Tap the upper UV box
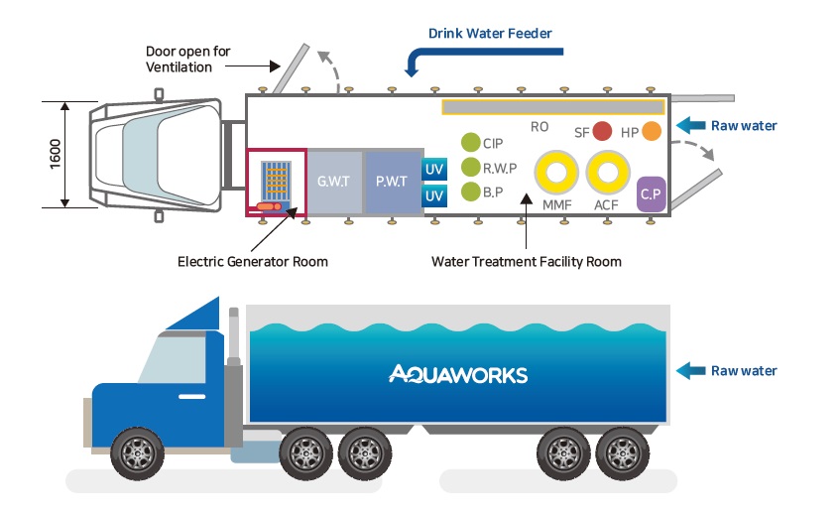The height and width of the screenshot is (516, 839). (434, 170)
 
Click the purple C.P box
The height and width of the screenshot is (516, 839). (651, 193)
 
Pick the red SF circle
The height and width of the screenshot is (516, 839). (602, 132)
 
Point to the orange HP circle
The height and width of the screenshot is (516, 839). (652, 131)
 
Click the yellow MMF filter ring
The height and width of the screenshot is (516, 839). (556, 175)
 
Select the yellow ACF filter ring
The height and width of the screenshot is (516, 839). (607, 175)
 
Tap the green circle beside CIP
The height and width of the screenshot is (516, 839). (470, 143)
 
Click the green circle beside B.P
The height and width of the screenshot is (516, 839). (470, 191)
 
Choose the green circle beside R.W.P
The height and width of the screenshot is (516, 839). (470, 167)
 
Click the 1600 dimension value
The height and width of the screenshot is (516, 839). (56, 153)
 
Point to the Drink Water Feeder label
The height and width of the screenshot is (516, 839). (490, 34)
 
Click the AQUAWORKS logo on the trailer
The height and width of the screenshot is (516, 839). (458, 374)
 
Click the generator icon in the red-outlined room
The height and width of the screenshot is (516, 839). (277, 185)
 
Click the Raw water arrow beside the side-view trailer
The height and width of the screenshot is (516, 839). (688, 371)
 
